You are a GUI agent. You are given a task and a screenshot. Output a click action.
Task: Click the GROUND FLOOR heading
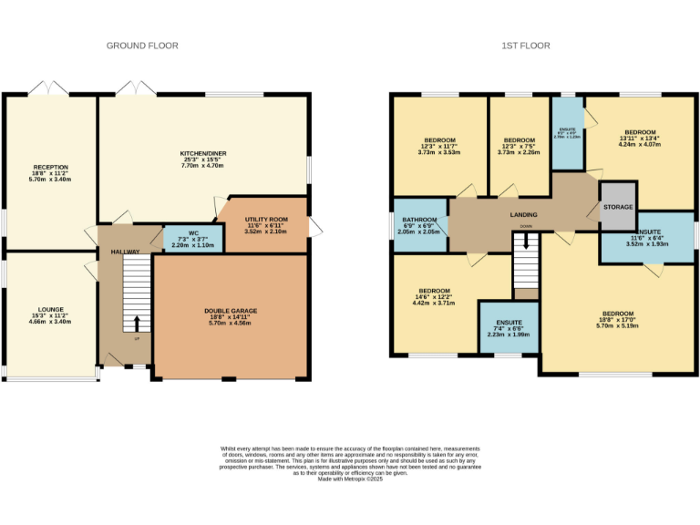pos(142,46)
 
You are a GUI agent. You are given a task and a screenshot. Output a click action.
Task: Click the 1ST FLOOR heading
pos(526,46)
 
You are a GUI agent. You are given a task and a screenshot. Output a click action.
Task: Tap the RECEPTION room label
pos(51,168)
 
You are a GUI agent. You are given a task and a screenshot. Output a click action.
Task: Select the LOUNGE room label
pos(51,310)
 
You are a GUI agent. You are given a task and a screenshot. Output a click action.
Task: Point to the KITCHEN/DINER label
pos(202,153)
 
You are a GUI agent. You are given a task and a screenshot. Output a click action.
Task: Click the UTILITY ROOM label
pos(267,220)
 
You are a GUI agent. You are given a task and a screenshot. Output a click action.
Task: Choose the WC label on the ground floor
pos(193,232)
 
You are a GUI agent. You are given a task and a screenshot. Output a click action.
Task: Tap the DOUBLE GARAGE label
pos(231,311)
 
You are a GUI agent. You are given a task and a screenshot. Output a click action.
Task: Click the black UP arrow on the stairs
pos(137,323)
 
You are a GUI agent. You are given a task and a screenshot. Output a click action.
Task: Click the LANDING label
pos(522,215)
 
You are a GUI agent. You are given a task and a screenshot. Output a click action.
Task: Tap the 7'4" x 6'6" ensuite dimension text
pos(509,329)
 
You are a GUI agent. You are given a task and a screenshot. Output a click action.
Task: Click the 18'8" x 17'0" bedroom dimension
pos(616,320)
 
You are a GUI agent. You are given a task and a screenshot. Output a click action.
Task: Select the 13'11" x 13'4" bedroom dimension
pos(640,138)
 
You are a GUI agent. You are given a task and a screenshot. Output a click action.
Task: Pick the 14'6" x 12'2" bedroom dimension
pos(435,296)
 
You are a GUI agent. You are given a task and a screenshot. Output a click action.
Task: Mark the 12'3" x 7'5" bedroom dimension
pos(519,147)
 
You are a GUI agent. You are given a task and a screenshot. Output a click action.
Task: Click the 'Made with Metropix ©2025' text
pos(349,479)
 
